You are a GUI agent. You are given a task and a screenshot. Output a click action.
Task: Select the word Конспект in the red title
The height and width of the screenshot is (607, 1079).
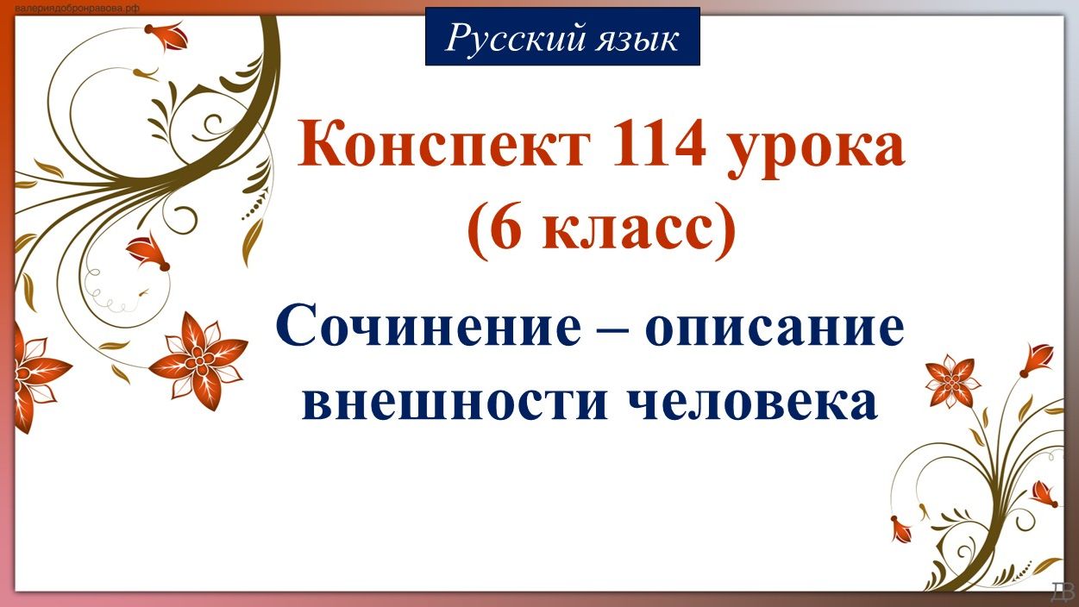point(446,147)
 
